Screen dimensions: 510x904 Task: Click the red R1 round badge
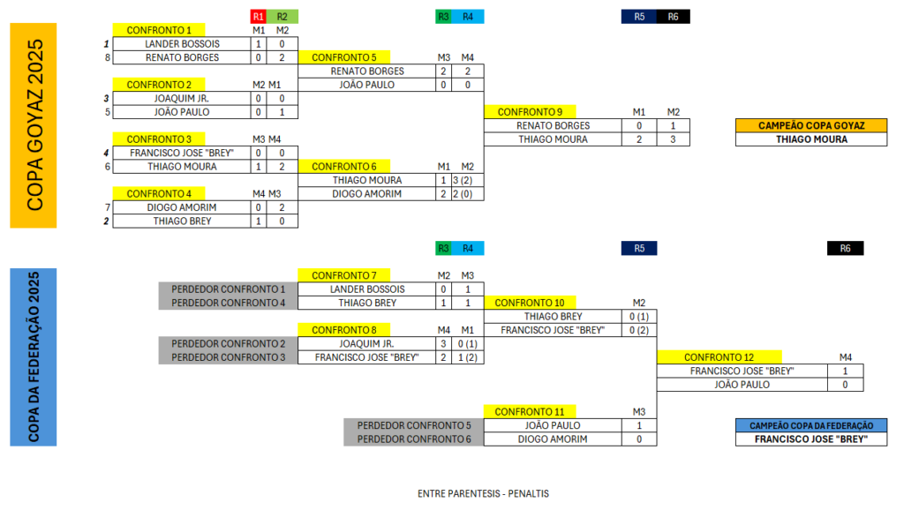(x=258, y=16)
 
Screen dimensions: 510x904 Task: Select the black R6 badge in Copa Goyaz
(x=674, y=16)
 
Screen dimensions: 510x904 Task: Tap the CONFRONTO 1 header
(x=159, y=30)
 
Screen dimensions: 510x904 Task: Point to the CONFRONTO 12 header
(x=719, y=357)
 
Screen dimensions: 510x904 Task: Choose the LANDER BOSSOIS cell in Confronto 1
(x=183, y=43)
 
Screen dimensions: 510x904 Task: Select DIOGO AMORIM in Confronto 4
(x=183, y=207)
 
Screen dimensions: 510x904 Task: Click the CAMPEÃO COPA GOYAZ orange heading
(x=810, y=125)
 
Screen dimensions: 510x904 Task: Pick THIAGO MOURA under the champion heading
(x=810, y=139)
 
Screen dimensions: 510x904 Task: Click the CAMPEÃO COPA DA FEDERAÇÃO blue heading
(x=810, y=425)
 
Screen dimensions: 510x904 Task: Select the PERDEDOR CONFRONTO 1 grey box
(x=228, y=289)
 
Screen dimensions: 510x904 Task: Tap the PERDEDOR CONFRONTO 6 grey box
(x=414, y=439)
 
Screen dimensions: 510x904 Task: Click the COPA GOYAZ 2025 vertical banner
(x=34, y=125)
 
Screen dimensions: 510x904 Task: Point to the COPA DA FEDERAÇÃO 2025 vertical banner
(x=34, y=356)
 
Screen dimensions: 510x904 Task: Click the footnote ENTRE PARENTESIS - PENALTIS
(x=483, y=493)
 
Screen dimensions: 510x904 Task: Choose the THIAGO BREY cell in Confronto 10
(x=553, y=316)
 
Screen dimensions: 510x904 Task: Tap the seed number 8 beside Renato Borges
(x=107, y=57)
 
